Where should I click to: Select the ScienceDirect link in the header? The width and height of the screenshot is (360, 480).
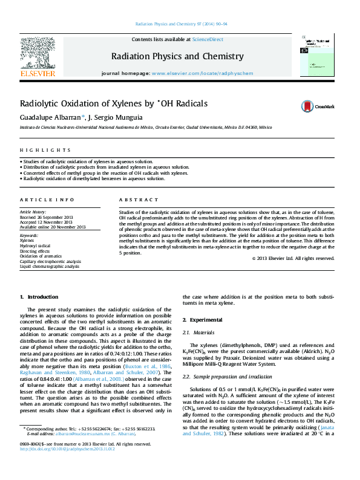[208, 39]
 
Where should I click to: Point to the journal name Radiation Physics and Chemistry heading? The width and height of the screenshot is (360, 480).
[177, 56]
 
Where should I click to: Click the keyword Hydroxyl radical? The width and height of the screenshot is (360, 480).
[36, 246]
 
